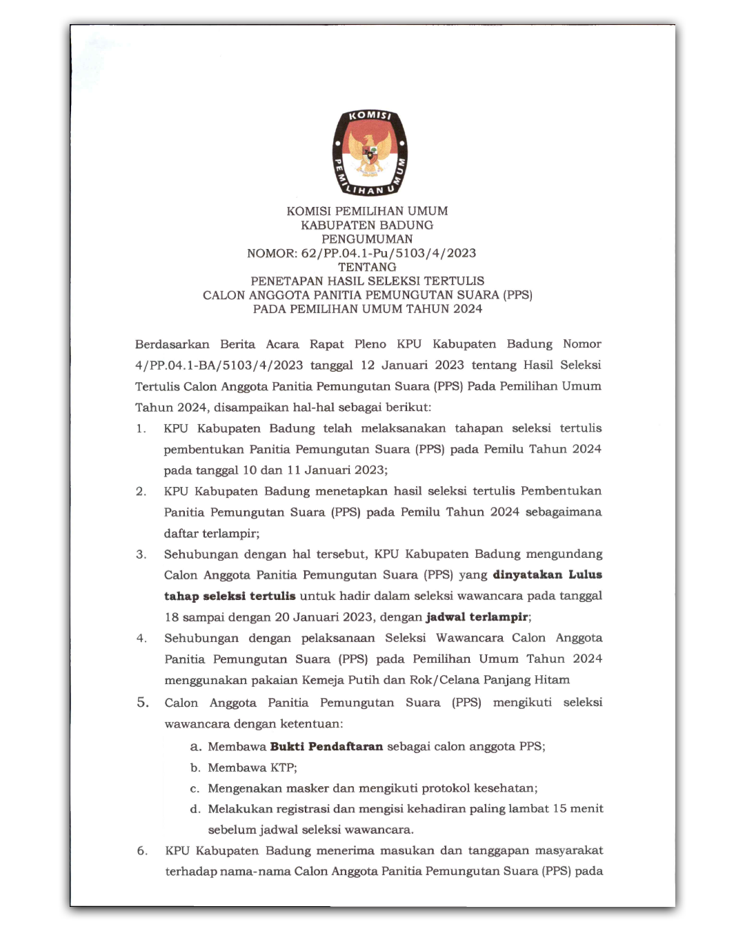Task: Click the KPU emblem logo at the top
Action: tap(370, 152)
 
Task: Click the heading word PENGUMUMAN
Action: tap(367, 239)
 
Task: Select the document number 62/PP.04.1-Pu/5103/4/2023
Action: tap(388, 253)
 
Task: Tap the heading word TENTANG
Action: tap(367, 267)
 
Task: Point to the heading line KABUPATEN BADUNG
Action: tap(367, 225)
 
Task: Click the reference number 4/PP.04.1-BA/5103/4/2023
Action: tap(219, 365)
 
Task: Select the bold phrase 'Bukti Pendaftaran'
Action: tap(326, 746)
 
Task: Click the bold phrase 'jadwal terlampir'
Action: tap(477, 617)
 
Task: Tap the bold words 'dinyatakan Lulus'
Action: tap(547, 574)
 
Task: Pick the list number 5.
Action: tap(142, 702)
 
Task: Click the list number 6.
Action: tap(142, 850)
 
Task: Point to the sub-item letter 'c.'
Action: tap(195, 788)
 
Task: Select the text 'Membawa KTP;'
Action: tap(252, 768)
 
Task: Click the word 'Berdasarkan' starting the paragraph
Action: tap(172, 344)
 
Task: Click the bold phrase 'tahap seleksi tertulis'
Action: tap(230, 596)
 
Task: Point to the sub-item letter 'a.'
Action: tap(196, 746)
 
